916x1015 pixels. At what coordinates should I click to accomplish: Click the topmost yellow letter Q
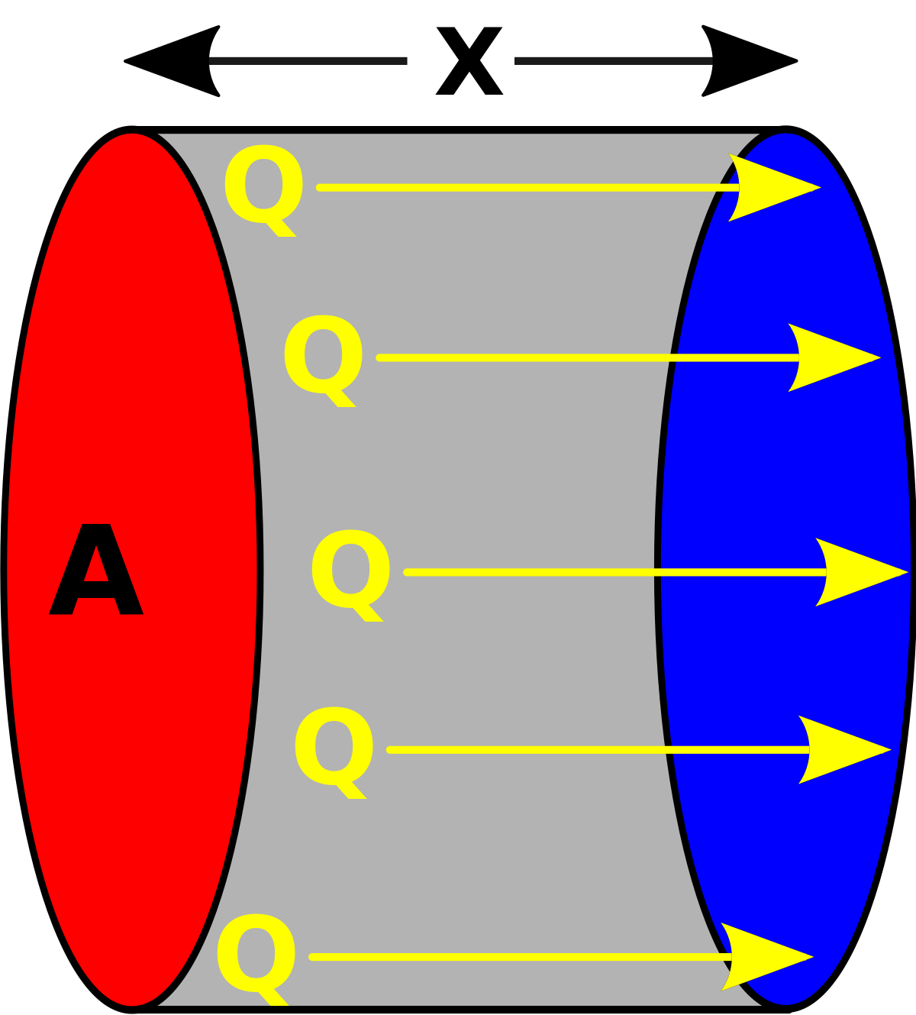pos(263,186)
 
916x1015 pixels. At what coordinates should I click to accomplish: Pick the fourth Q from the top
pos(333,748)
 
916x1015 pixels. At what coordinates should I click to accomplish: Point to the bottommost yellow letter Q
pos(255,955)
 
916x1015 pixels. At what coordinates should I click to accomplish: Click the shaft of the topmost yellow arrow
pos(519,187)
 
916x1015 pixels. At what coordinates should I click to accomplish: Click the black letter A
pos(96,571)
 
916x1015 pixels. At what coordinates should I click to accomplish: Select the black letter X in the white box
pos(468,62)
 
